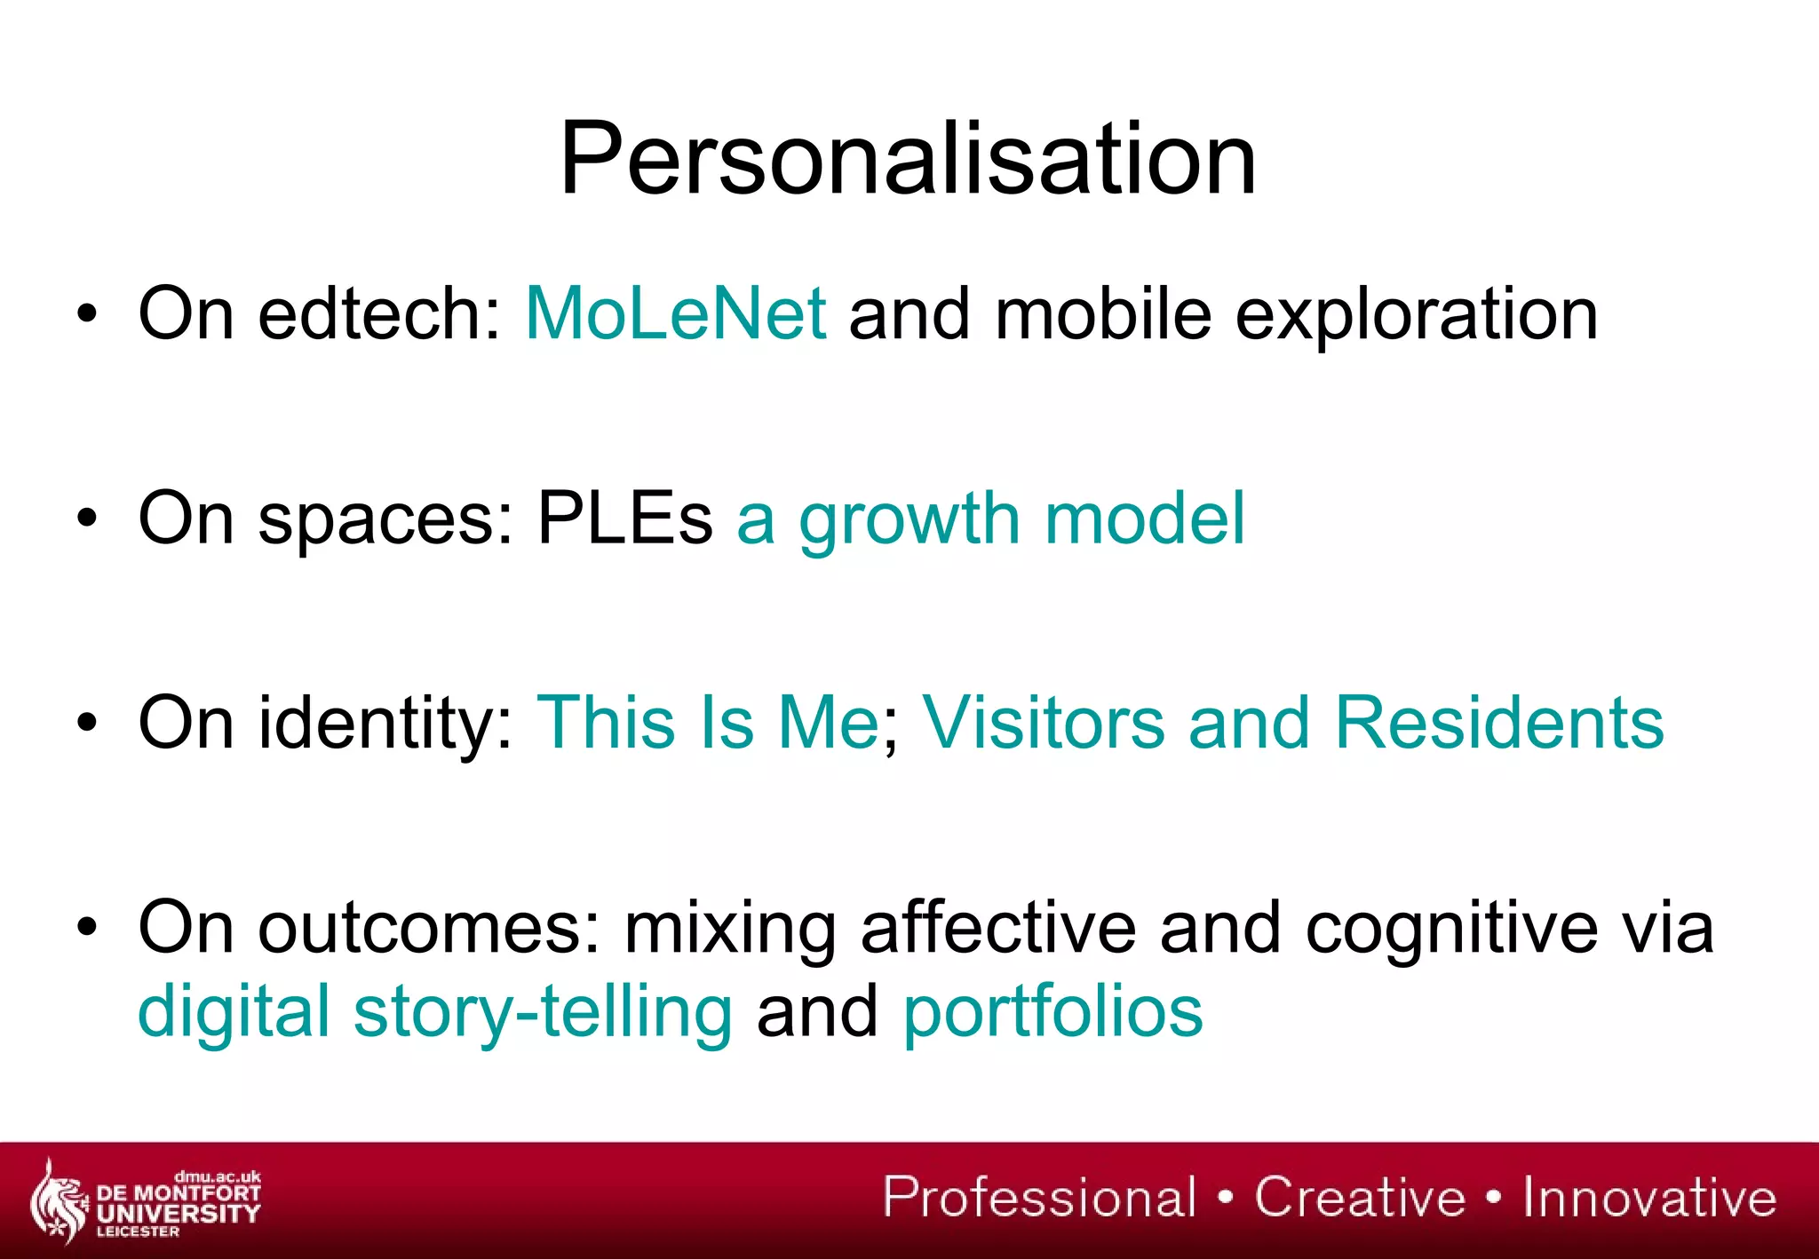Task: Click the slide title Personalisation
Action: coord(908,160)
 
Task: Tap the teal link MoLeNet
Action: coord(676,313)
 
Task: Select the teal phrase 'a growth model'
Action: coord(990,519)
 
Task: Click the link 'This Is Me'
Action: coord(708,723)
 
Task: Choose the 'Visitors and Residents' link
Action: coord(1293,723)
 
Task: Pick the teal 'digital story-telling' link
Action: coord(435,1011)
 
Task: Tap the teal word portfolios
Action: coord(1052,1011)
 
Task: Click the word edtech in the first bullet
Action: coord(380,313)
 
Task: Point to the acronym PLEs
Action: coord(624,519)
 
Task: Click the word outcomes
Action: coord(429,928)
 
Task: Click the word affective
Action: coord(998,928)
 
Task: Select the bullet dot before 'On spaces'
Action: coord(86,519)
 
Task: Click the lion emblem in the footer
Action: coord(58,1201)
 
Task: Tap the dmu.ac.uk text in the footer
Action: coord(218,1177)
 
